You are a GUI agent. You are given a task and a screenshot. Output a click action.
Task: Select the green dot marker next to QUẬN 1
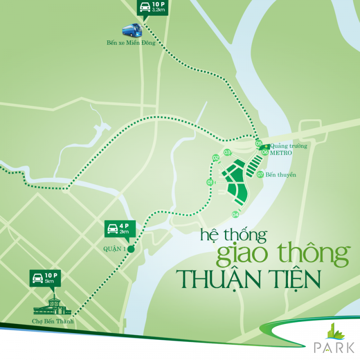(x=131, y=249)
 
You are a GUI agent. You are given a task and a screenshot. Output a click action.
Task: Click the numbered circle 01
(x=210, y=182)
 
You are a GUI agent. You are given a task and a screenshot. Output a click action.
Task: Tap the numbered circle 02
(x=216, y=158)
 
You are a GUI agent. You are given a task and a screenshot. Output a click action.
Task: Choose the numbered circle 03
(x=227, y=152)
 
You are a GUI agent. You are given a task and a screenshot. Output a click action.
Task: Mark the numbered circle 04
(x=235, y=214)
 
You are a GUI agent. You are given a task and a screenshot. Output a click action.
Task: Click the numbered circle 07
(x=260, y=175)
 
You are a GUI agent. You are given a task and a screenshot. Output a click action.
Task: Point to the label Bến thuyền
(x=281, y=175)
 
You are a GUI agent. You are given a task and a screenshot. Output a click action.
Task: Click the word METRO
(x=281, y=153)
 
